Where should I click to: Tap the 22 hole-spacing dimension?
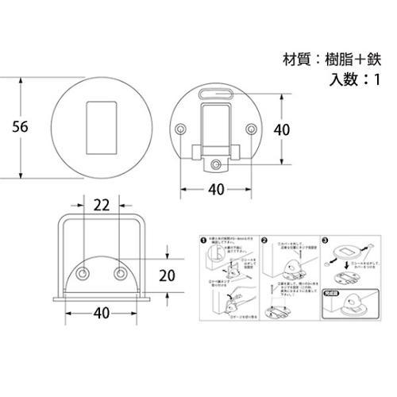pyautogui.click(x=100, y=205)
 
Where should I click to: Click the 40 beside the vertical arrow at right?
pyautogui.click(x=283, y=129)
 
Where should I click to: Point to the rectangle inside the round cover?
pyautogui.click(x=98, y=126)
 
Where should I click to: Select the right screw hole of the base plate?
pyautogui.click(x=250, y=128)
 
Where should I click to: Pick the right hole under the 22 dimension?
pyautogui.click(x=119, y=274)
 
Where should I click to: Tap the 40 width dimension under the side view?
pyautogui.click(x=101, y=314)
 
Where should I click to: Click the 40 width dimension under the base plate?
pyautogui.click(x=217, y=190)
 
